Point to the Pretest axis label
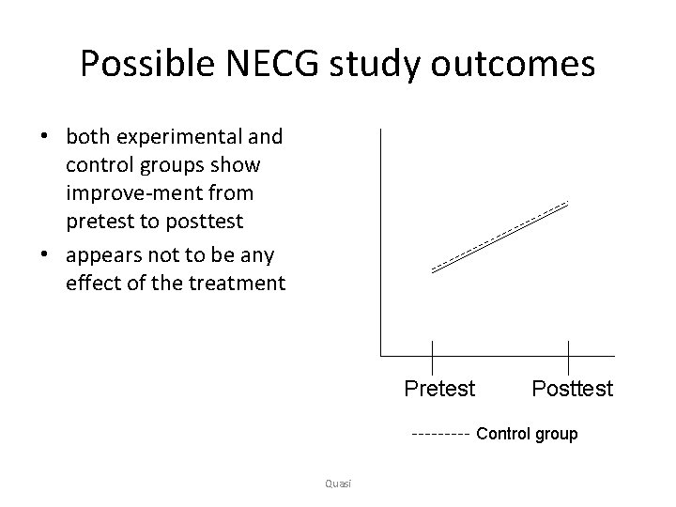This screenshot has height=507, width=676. pyautogui.click(x=439, y=388)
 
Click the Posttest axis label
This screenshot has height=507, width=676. pyautogui.click(x=572, y=388)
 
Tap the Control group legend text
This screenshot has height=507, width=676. pyautogui.click(x=527, y=434)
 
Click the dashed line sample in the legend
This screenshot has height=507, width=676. pyautogui.click(x=440, y=435)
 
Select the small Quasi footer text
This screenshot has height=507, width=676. pyautogui.click(x=335, y=483)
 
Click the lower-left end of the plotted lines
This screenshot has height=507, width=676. pyautogui.click(x=432, y=270)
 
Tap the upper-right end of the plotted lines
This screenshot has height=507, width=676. pyautogui.click(x=568, y=203)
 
